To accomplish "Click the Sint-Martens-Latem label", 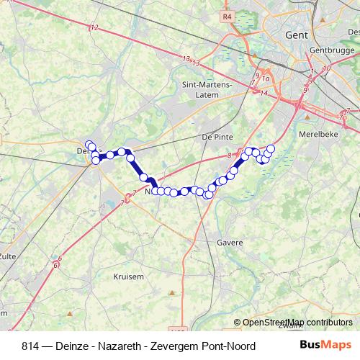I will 207,89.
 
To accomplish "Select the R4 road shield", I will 228,16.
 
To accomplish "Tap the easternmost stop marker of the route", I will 271,149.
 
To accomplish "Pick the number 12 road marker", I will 94,27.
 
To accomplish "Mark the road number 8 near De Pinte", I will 230,156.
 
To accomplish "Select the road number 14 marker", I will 264,93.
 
